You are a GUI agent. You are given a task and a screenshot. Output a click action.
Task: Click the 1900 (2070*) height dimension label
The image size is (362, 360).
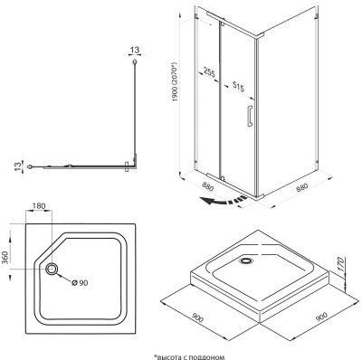[176, 82]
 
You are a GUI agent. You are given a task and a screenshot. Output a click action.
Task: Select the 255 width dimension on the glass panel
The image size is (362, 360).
[209, 73]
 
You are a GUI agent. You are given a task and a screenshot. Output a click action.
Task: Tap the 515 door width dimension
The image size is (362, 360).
[237, 87]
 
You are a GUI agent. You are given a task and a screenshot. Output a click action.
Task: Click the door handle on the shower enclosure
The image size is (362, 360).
[250, 116]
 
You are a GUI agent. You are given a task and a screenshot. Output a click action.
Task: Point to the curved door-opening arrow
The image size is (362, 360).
[224, 200]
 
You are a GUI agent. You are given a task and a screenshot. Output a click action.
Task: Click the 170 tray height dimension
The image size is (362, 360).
[341, 264]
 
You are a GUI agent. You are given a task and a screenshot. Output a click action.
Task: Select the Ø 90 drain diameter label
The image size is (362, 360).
[80, 282]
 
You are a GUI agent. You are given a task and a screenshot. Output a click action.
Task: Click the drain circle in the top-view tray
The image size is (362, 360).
[52, 269]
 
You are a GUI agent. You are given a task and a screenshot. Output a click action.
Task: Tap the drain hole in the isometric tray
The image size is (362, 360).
[247, 260]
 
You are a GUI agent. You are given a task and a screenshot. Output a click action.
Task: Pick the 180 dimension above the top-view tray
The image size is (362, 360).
[39, 206]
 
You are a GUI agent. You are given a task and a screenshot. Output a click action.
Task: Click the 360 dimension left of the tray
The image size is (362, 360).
[6, 257]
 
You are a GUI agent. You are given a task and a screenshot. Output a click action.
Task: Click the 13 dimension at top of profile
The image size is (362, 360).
[135, 50]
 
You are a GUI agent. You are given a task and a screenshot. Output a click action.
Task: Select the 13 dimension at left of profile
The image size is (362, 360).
[18, 166]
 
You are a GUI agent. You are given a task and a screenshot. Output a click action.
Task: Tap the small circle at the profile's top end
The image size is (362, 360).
[135, 62]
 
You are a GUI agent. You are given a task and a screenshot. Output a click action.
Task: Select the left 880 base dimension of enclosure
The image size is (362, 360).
[206, 187]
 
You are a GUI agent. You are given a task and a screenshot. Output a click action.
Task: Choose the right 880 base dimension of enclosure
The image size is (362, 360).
[301, 188]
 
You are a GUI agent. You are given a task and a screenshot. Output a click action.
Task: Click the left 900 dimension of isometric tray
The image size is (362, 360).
[197, 317]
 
